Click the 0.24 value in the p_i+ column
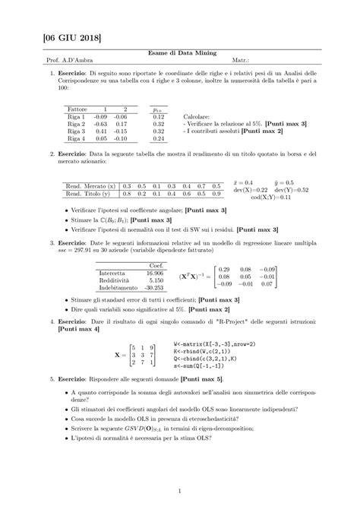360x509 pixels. point(159,139)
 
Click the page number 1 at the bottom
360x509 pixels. point(180,490)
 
